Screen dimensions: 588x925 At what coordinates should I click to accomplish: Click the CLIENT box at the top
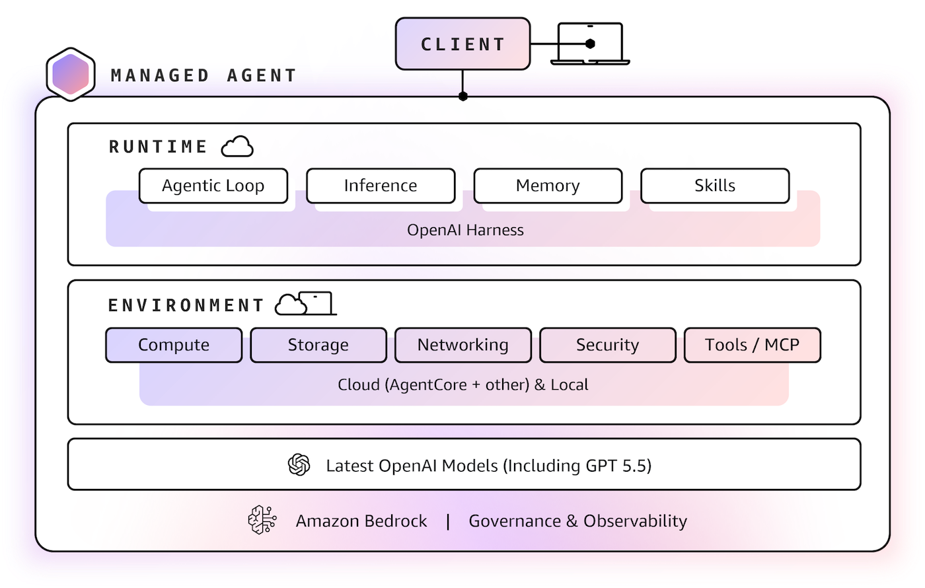(x=462, y=44)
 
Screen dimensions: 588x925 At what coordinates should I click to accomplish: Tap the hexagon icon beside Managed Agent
(x=71, y=75)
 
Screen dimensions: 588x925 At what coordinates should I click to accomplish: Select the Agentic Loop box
(x=213, y=186)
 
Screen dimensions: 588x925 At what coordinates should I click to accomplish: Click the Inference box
(x=381, y=186)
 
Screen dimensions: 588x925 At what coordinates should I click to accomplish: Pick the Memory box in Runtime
(x=548, y=186)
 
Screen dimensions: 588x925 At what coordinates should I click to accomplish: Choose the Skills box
(x=715, y=186)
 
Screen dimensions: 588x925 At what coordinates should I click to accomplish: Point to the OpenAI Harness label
(x=465, y=230)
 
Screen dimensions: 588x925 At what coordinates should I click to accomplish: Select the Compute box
(x=174, y=345)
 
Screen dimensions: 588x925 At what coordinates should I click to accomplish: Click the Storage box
(x=318, y=345)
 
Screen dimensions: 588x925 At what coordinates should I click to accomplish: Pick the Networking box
(x=462, y=345)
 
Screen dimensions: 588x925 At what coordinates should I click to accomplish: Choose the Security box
(x=607, y=345)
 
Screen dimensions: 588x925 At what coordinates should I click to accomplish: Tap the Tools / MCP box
(x=752, y=345)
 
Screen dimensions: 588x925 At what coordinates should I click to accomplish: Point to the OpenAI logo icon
(x=299, y=464)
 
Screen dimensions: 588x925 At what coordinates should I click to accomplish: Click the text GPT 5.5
(x=616, y=465)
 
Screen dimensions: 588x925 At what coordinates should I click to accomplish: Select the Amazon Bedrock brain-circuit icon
(x=262, y=520)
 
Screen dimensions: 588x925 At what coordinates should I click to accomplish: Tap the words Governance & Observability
(x=577, y=521)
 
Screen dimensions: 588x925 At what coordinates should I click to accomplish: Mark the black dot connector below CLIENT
(x=463, y=96)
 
